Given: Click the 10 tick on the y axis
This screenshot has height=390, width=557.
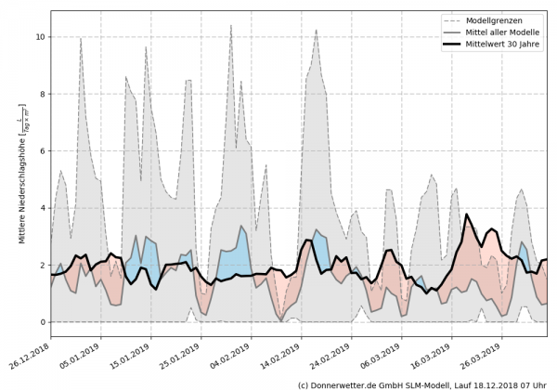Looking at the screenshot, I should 40,37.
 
